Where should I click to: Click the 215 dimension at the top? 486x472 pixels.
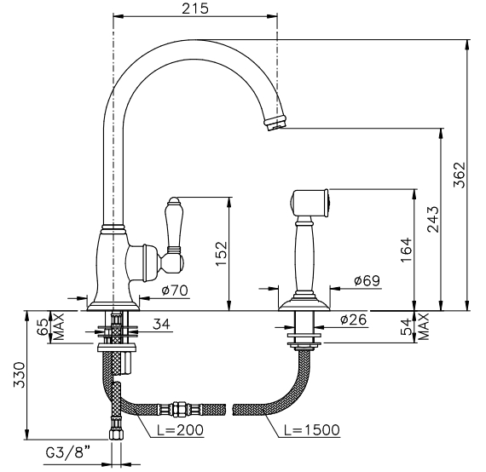[195, 9]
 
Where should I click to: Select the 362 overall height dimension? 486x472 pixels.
[459, 175]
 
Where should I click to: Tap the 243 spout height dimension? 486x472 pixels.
[432, 219]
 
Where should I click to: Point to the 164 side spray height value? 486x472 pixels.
[407, 250]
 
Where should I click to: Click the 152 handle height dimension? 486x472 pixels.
[222, 254]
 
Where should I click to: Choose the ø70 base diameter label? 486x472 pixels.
[175, 291]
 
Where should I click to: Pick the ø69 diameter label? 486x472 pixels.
[367, 280]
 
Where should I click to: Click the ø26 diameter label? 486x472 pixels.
[354, 319]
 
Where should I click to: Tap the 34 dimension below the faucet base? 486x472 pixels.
[161, 324]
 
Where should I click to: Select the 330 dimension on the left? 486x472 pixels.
[20, 375]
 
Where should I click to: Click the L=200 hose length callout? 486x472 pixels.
[180, 430]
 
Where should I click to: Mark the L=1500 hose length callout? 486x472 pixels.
[312, 430]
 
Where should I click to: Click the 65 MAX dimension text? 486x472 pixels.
[50, 327]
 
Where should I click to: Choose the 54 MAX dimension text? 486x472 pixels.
[414, 327]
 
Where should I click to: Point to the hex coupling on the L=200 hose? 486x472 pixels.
[178, 410]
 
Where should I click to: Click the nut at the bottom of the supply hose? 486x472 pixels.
[116, 435]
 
